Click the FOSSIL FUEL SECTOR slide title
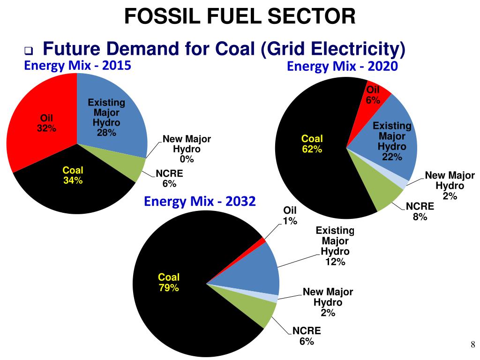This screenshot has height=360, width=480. pos(240,17)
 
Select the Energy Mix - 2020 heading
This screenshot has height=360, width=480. pos(342,67)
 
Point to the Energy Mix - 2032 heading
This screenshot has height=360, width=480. pos(200,202)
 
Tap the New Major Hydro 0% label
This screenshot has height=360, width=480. pos(187,149)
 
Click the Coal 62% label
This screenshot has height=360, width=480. pos(312,144)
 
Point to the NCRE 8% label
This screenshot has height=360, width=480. pos(420,211)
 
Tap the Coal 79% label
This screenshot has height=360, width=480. pos(169,282)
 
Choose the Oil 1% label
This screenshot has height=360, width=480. pos(290,216)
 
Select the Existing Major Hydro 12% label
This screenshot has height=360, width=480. pos(335,246)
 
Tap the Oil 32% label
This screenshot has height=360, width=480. pos(47,123)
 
